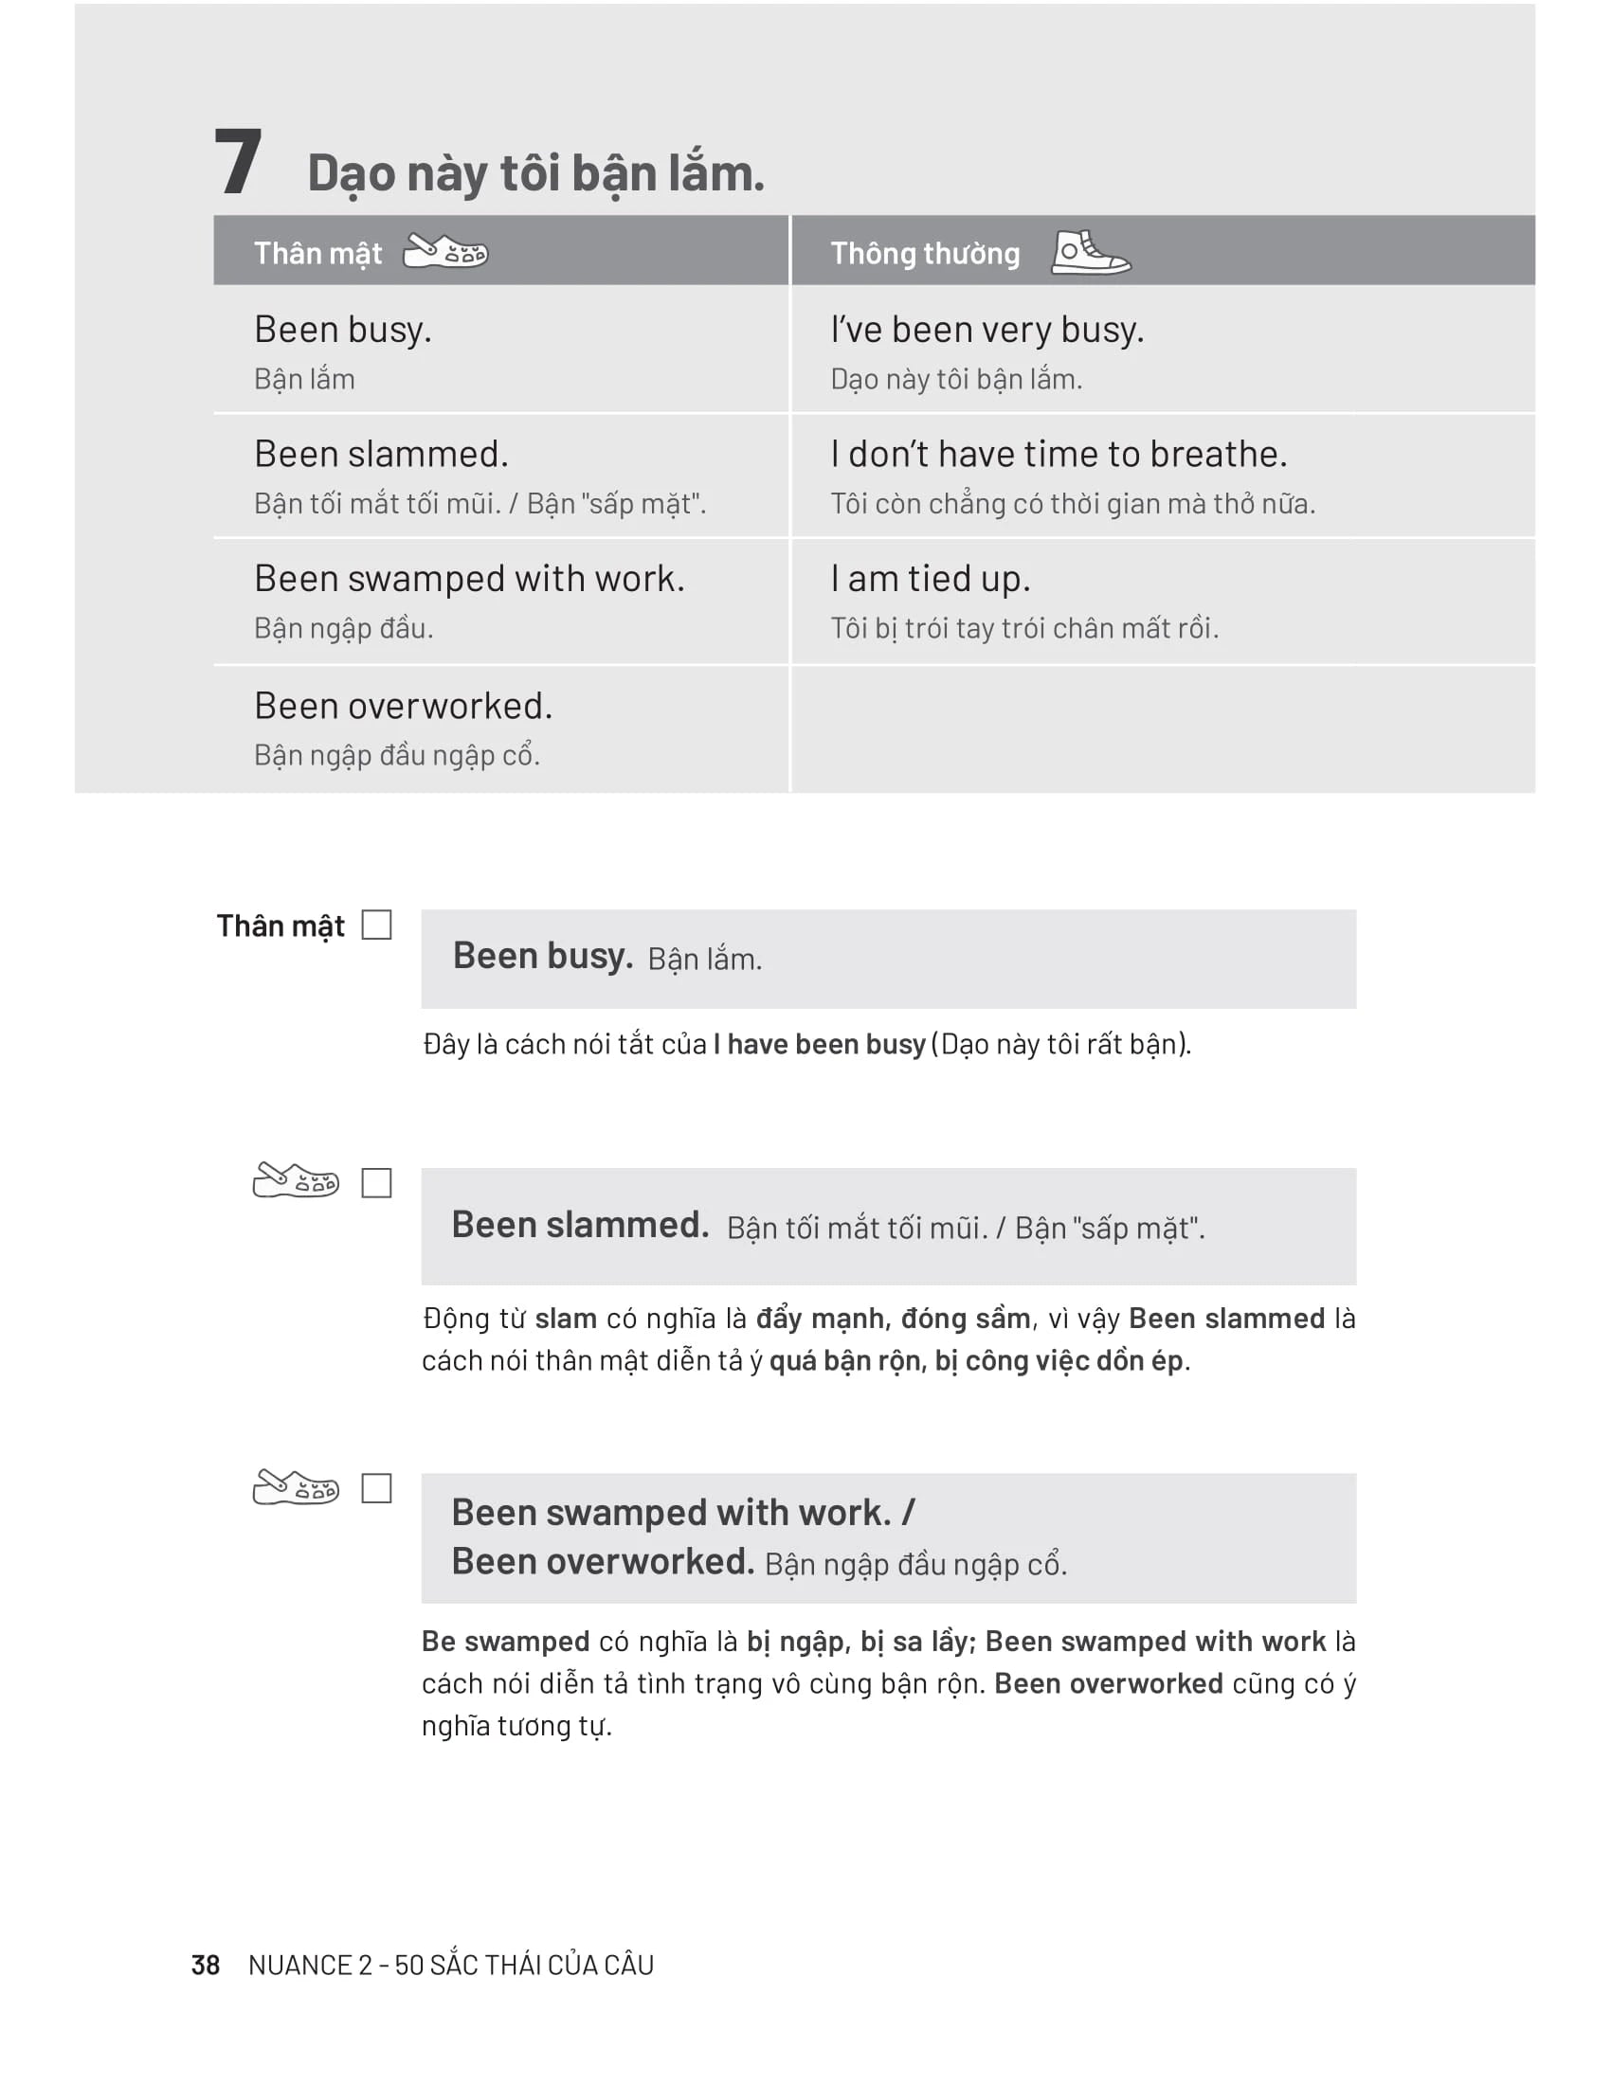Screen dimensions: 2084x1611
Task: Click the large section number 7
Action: coord(238,162)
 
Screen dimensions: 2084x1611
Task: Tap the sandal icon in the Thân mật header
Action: coord(444,251)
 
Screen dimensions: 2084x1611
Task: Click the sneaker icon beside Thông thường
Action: coord(1090,253)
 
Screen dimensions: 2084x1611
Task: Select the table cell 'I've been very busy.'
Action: coord(986,331)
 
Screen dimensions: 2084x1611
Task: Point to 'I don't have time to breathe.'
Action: coord(1059,454)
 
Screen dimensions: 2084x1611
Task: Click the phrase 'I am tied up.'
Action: coord(930,579)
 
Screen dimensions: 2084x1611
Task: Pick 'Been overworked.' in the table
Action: coord(403,706)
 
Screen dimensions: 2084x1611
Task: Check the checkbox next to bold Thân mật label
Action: coord(376,925)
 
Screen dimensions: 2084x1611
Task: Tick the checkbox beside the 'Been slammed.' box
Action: coord(376,1183)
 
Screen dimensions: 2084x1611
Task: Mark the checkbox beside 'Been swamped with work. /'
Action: coord(376,1488)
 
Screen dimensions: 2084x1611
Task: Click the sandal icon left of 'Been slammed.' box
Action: coord(295,1180)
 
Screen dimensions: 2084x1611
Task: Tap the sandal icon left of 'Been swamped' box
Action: coord(295,1486)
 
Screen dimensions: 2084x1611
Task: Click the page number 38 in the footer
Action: coord(206,1965)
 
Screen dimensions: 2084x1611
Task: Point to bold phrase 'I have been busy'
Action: coord(819,1044)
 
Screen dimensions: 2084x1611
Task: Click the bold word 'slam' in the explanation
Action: coord(565,1319)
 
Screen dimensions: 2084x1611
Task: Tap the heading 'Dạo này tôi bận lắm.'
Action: coord(535,173)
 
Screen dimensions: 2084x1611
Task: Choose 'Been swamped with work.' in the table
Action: coord(468,579)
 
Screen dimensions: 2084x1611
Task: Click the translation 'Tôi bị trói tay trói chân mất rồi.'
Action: coord(1024,629)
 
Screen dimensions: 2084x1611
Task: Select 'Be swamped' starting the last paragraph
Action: coord(505,1642)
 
